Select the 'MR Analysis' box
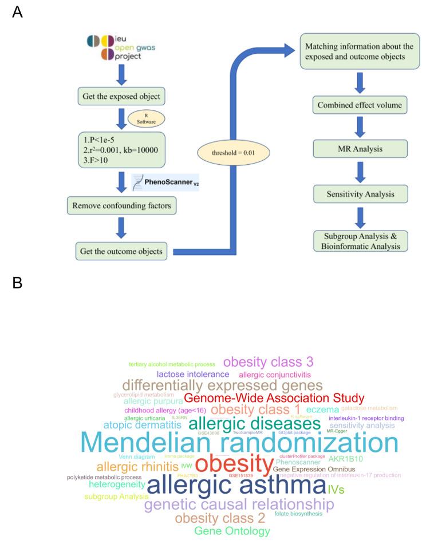[357, 149]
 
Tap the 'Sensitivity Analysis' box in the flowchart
[357, 194]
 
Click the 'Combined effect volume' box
[357, 105]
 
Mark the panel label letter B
[17, 283]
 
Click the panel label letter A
[17, 12]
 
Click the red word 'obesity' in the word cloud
[235, 463]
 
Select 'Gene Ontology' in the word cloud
[232, 531]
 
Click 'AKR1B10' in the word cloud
[345, 459]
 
